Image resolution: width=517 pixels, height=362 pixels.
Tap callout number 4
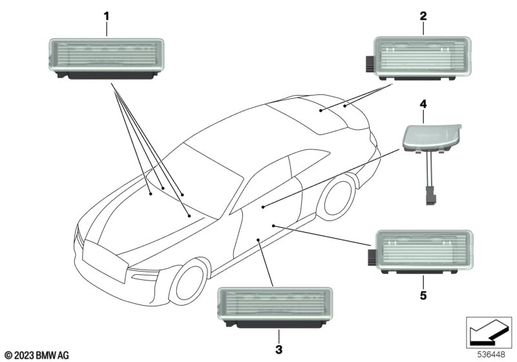coord(423,103)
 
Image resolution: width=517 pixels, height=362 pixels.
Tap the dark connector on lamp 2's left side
coord(368,63)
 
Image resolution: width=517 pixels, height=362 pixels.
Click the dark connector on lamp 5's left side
coord(373,255)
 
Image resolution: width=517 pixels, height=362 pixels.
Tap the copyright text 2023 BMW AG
coord(36,355)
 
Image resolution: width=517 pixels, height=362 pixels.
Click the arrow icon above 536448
coord(487,331)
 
